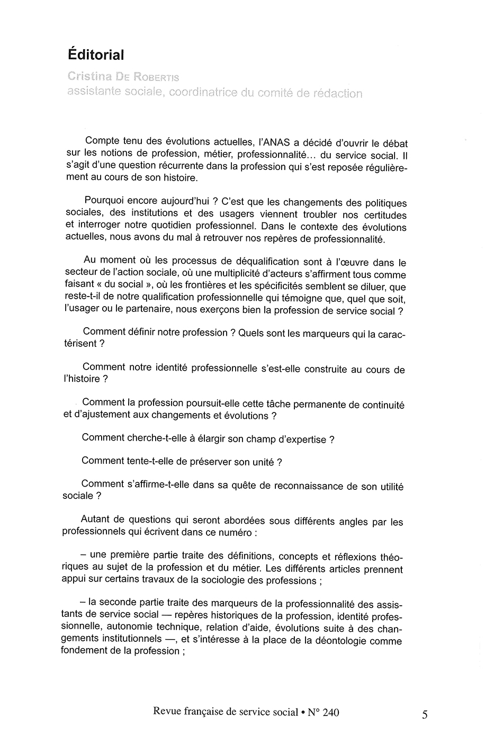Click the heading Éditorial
tap(96, 54)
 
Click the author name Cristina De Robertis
tap(123, 77)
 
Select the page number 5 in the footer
tap(425, 714)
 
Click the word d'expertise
tap(299, 439)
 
